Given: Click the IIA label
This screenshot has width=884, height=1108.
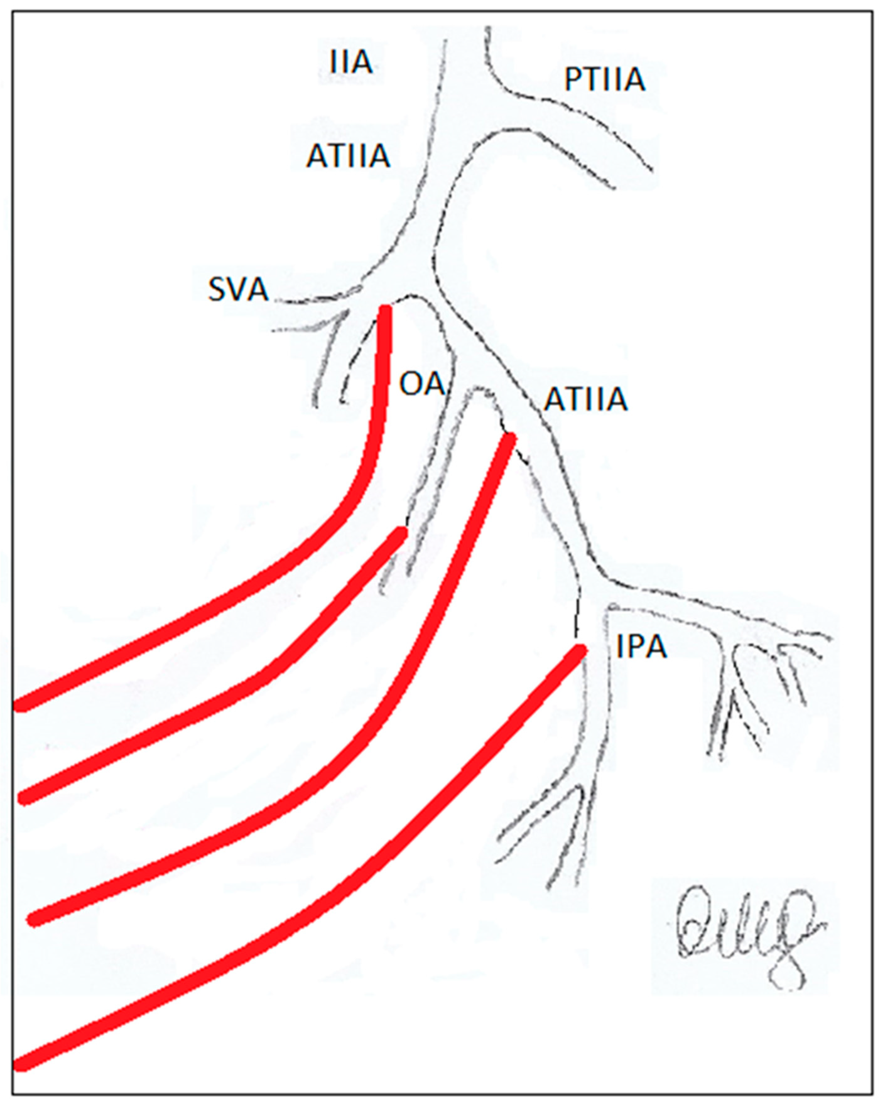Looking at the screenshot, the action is coord(351,63).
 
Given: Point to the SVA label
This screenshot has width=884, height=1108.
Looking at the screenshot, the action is coord(238,290).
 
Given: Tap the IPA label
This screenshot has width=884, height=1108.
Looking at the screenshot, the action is coord(641,647).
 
